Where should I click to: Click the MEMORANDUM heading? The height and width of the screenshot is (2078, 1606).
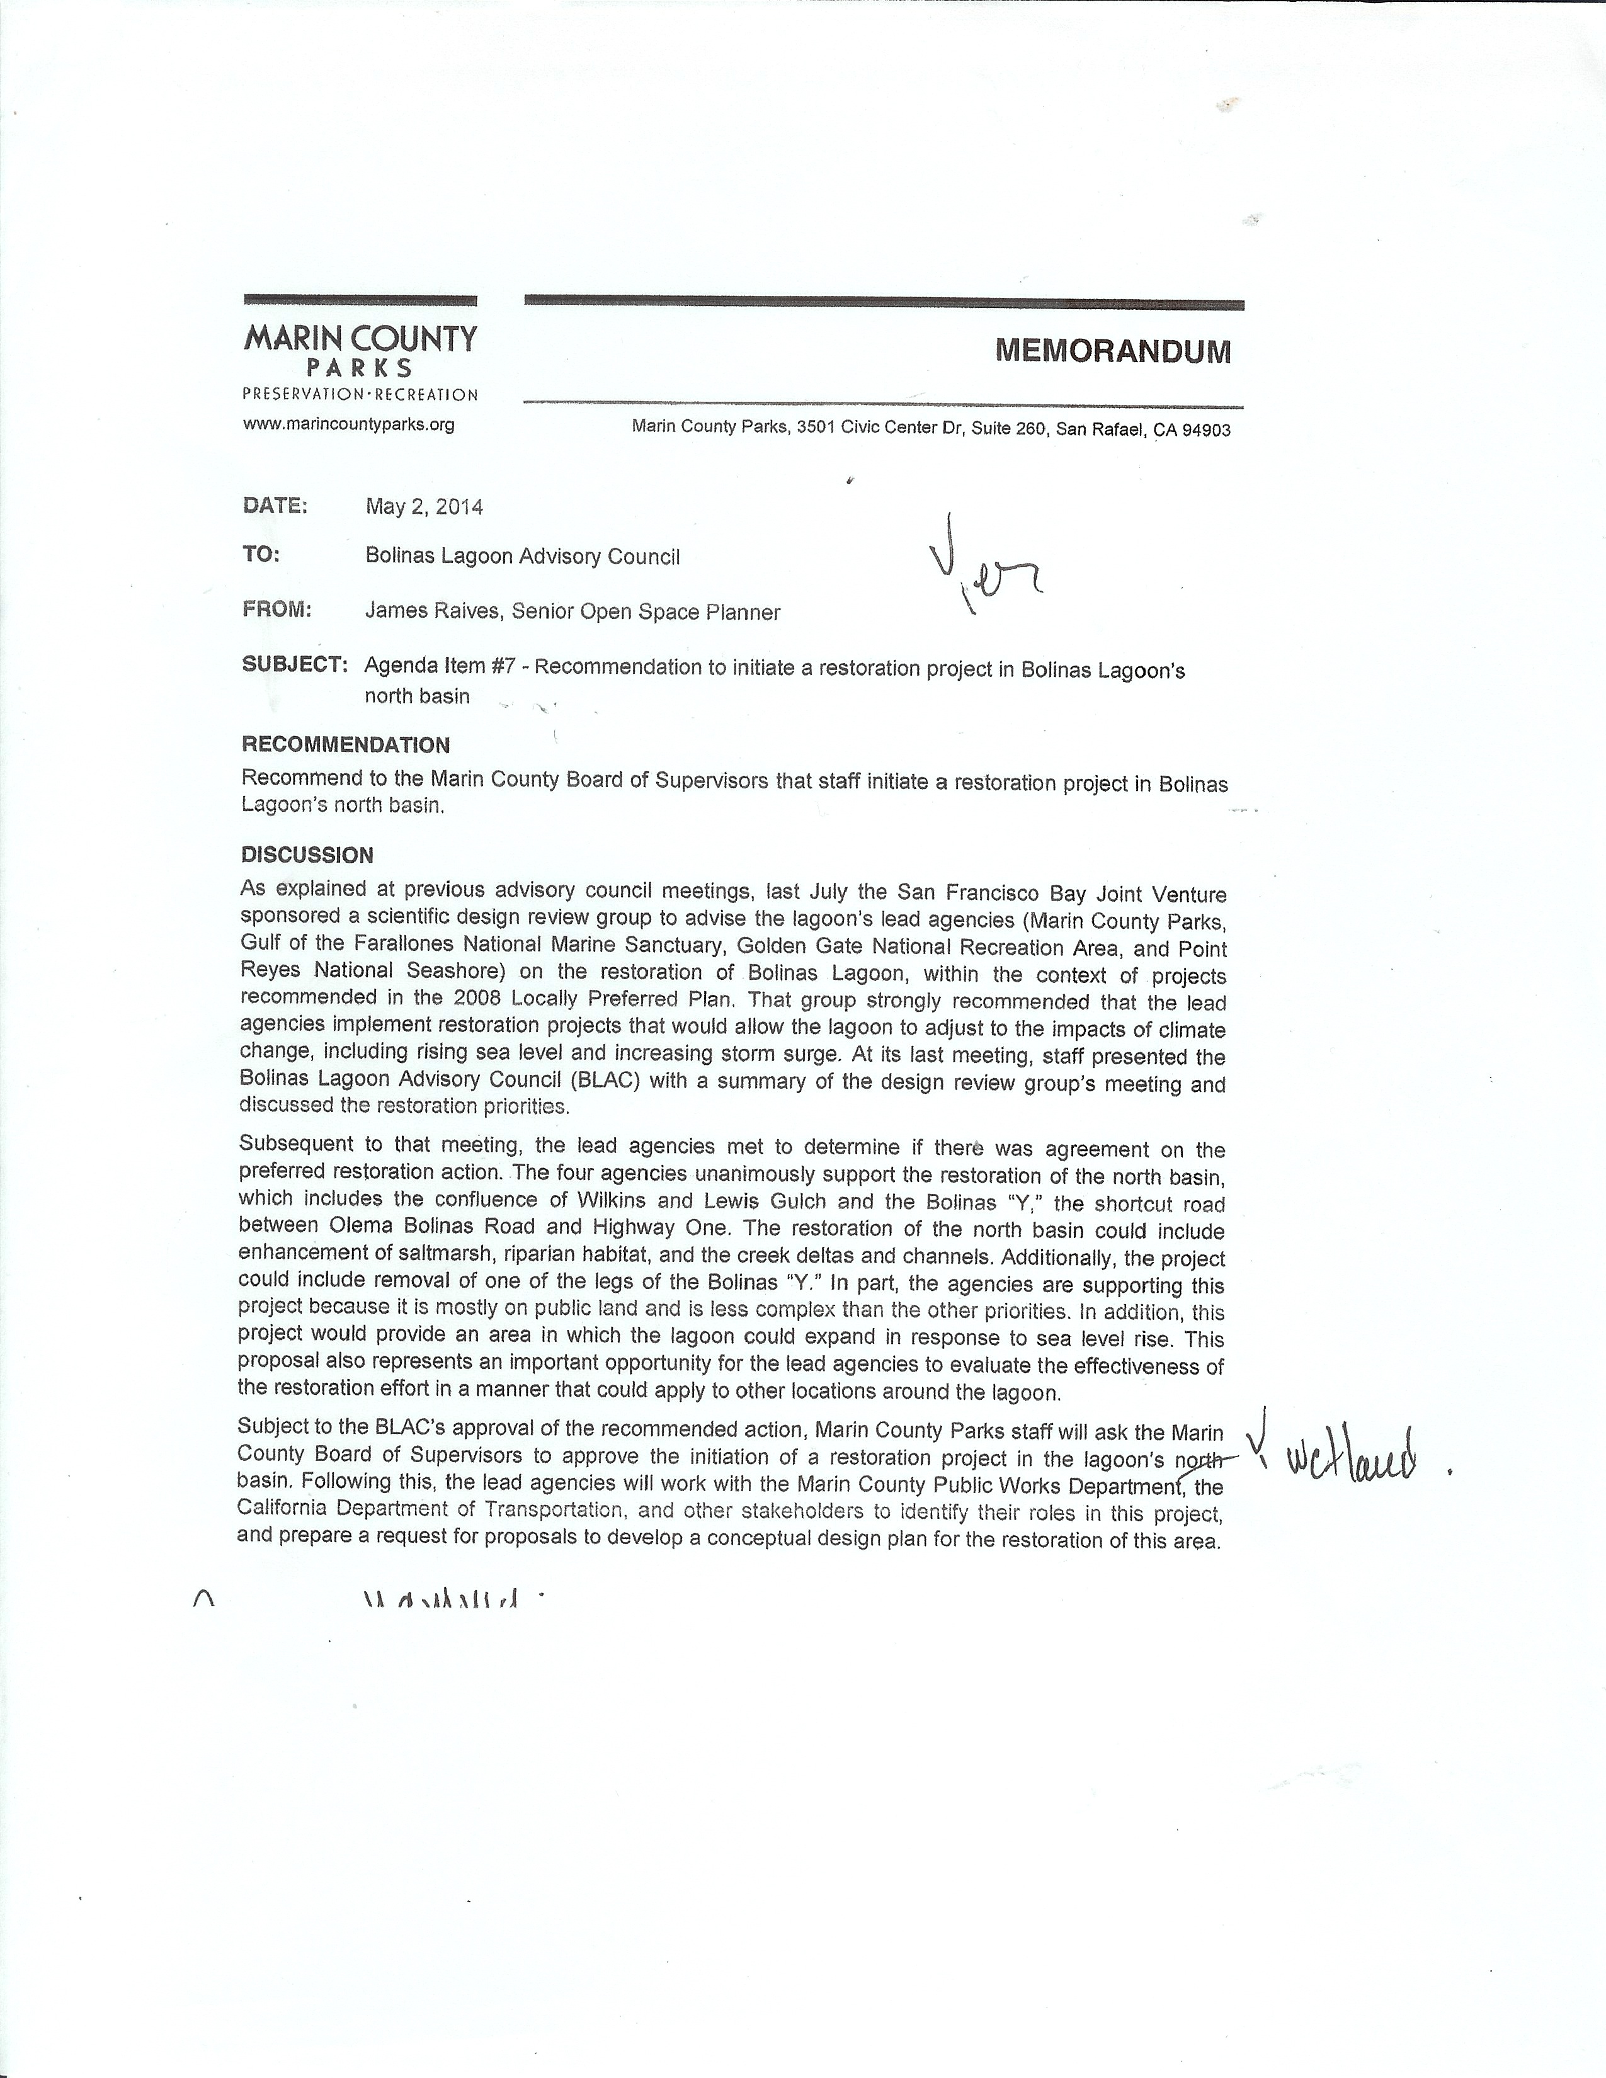pos(1112,351)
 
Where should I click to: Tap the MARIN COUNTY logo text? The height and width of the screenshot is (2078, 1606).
pos(360,339)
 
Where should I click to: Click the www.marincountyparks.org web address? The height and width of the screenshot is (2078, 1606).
pos(348,424)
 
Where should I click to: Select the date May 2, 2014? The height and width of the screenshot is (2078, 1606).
pos(424,507)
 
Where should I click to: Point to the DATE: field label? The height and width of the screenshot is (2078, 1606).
pos(275,505)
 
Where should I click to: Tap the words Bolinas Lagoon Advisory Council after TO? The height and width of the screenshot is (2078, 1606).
pos(522,557)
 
